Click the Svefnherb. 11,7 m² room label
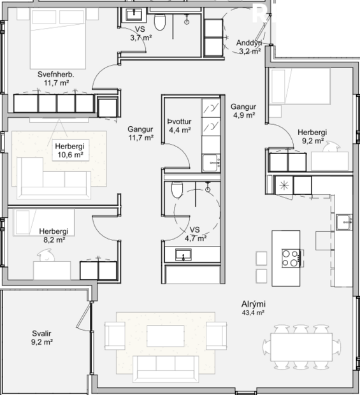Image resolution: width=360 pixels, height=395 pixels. tap(59, 78)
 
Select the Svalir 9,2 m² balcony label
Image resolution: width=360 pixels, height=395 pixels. tap(42, 338)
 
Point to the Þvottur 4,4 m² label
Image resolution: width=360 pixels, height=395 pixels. tap(180, 126)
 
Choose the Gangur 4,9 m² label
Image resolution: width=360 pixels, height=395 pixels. tap(243, 111)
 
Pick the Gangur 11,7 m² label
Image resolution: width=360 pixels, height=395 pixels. tap(140, 132)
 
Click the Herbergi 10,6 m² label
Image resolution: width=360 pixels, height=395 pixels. tap(69, 150)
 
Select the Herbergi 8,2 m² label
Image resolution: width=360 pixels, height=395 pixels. tap(54, 236)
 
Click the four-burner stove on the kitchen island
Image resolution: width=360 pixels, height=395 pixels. tap(290, 258)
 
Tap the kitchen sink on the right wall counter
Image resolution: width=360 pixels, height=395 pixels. tap(345, 221)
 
